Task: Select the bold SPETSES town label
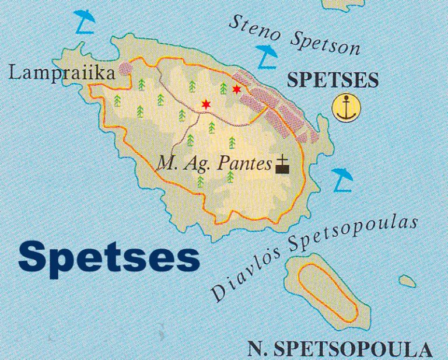click(334, 81)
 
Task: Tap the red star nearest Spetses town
click(236, 89)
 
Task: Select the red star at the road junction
click(205, 104)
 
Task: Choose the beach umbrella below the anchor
click(342, 178)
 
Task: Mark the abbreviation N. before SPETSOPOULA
click(256, 349)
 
